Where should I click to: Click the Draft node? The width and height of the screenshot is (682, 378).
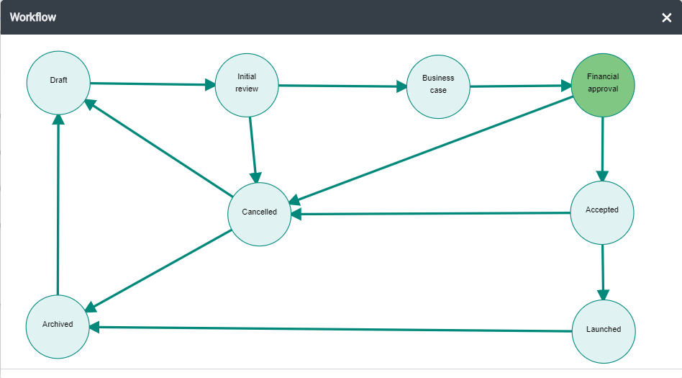click(58, 83)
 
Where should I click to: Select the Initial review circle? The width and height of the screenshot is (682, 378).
click(247, 85)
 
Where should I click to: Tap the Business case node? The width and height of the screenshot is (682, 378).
click(438, 86)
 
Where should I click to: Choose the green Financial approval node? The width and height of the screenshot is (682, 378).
click(603, 85)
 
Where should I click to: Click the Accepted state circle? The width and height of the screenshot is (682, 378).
click(602, 212)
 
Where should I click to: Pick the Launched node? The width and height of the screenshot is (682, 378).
click(604, 331)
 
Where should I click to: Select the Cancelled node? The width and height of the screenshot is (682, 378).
click(259, 215)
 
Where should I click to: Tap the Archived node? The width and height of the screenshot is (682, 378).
click(58, 327)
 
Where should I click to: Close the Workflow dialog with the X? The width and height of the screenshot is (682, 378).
click(666, 17)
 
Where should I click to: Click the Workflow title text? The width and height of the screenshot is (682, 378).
click(33, 17)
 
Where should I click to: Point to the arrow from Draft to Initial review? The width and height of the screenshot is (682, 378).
click(153, 84)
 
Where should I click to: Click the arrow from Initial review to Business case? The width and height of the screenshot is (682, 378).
click(342, 86)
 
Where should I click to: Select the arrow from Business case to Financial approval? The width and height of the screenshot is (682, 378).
click(521, 86)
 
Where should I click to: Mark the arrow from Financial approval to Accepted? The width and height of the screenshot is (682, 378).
click(602, 149)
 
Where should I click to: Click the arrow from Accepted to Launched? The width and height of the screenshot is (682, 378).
click(603, 272)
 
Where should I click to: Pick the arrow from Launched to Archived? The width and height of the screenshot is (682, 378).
click(330, 329)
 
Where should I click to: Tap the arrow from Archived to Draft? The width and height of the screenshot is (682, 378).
click(58, 204)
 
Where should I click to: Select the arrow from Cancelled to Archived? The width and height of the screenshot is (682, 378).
click(158, 271)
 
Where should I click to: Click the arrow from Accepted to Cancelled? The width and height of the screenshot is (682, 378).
click(431, 214)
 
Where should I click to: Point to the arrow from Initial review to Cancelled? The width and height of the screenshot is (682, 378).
click(253, 150)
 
